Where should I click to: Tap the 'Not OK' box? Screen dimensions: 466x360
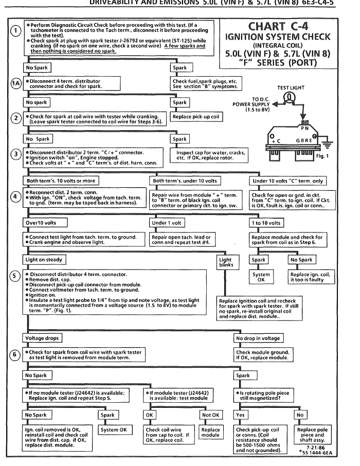[x=211, y=415]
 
